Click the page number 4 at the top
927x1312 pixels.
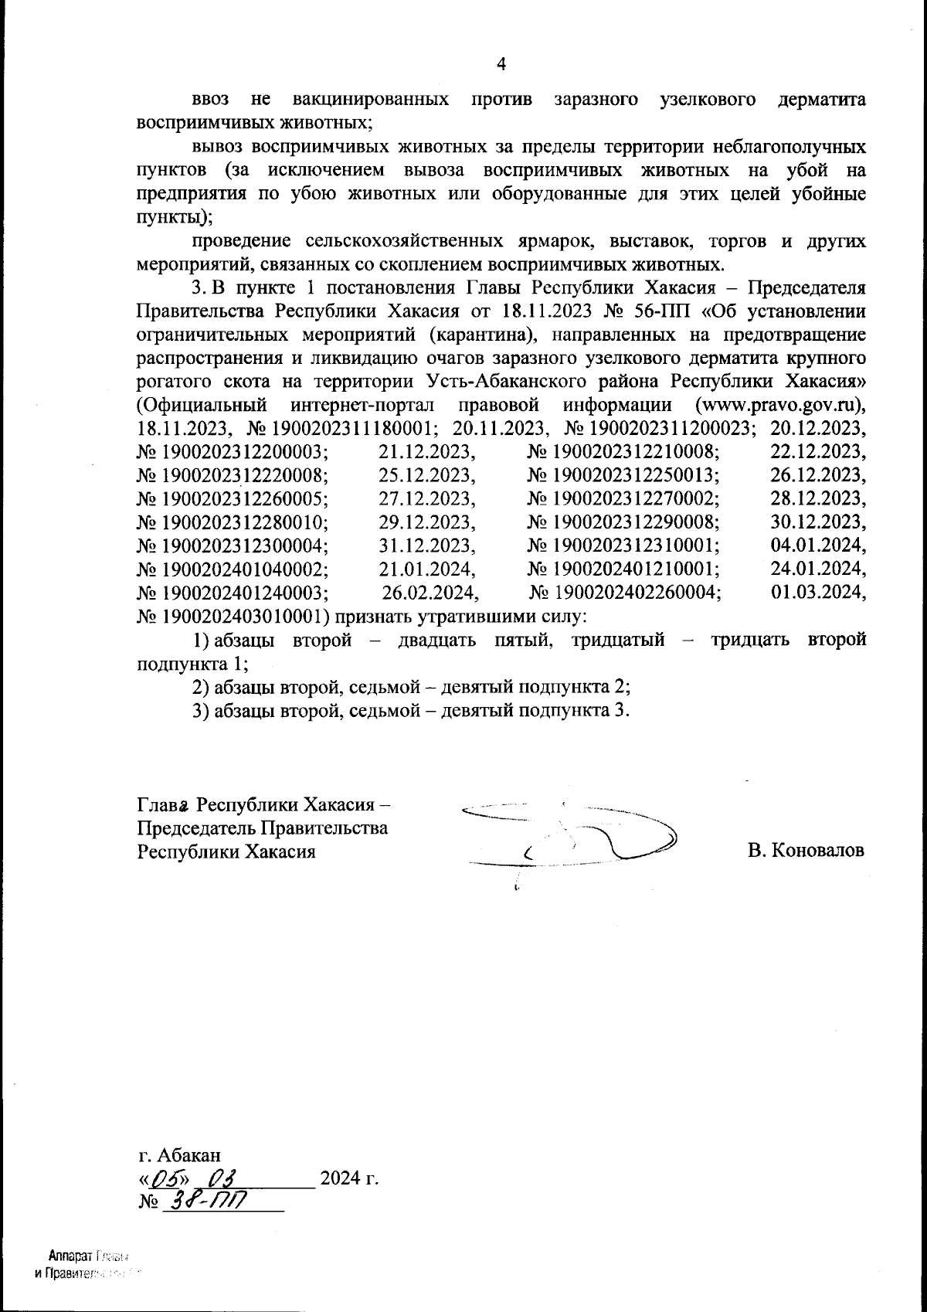click(x=501, y=65)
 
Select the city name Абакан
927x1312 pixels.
click(x=189, y=1155)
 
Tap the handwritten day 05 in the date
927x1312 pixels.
click(x=165, y=1179)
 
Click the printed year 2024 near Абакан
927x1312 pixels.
click(x=340, y=1179)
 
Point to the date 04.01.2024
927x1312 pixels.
click(x=818, y=546)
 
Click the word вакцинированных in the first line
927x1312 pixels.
click(x=372, y=100)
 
